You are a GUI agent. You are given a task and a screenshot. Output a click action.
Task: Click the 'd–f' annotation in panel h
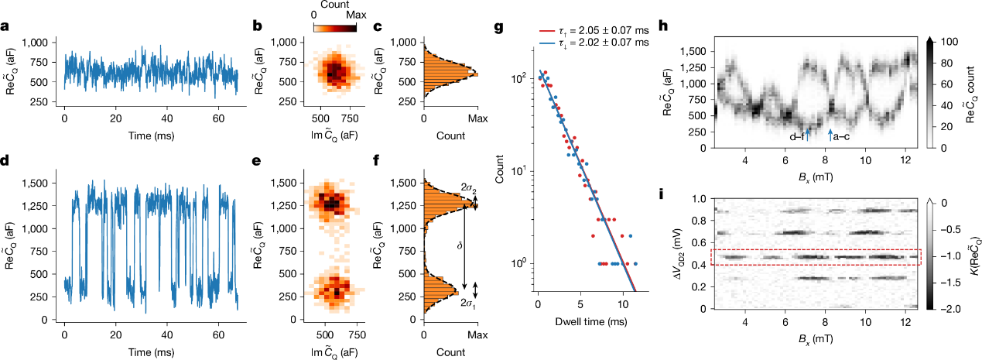[x=797, y=137]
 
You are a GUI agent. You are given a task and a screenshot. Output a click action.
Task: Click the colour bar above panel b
[x=335, y=27]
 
